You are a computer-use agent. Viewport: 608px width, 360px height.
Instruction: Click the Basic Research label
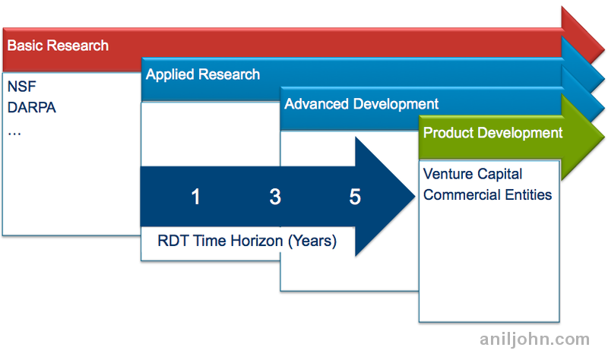click(x=58, y=45)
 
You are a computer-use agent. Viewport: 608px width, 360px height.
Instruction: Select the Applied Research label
click(x=203, y=74)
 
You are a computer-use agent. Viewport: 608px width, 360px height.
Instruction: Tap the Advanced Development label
click(x=361, y=104)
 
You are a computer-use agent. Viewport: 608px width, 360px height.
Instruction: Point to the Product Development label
click(x=492, y=133)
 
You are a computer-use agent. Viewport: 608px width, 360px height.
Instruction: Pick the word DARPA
click(x=31, y=107)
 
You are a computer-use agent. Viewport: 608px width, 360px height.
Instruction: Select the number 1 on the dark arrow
click(x=195, y=197)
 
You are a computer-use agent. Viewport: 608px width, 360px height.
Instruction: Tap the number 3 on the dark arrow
click(x=275, y=197)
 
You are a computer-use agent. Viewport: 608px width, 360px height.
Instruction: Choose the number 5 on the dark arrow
click(x=355, y=197)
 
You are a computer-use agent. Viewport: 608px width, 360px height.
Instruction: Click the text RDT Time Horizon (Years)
click(x=247, y=242)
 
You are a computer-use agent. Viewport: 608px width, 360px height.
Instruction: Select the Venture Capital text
click(x=472, y=174)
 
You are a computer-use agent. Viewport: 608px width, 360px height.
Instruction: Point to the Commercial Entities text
click(x=487, y=194)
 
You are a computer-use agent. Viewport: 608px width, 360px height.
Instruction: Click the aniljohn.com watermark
click(x=534, y=339)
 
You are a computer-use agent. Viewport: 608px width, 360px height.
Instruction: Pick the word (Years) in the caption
click(x=312, y=242)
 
